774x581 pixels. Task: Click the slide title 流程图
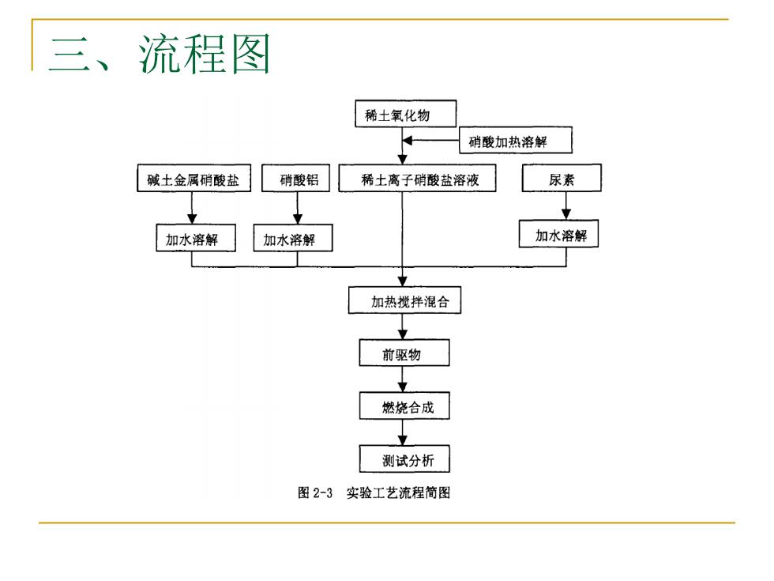(204, 54)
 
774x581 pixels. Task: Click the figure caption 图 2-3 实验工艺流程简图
(374, 492)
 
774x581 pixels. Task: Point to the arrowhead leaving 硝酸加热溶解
(407, 141)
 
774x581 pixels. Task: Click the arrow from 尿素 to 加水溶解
(566, 206)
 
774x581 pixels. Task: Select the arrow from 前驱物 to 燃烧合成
(403, 379)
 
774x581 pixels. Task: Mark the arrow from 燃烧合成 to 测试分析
(403, 432)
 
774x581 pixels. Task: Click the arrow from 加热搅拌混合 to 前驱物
(403, 326)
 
